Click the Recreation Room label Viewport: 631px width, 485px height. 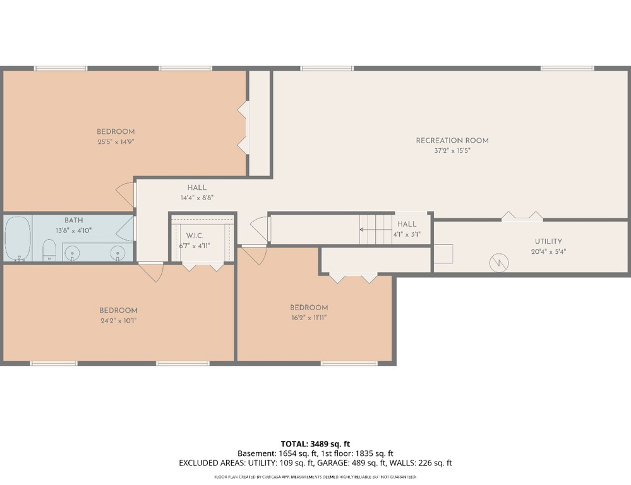coord(452,140)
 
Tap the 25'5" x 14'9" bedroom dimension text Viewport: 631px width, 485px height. coord(116,142)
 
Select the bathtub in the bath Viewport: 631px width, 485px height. coord(18,238)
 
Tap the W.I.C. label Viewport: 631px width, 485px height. coord(194,236)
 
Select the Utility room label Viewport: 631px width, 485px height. coord(548,241)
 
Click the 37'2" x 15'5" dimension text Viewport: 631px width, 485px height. coord(452,151)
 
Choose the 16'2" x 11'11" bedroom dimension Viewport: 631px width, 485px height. coord(309,318)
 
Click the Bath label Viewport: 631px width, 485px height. coord(73,220)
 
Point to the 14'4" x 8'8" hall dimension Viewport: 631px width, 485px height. coord(196,197)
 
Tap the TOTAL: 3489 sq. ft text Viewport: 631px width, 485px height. coord(315,443)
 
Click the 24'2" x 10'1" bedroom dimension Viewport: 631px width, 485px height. coord(118,320)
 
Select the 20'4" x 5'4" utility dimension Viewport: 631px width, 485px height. coord(548,251)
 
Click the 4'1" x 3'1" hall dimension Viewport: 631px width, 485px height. coord(407,234)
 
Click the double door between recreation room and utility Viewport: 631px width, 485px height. coord(522,217)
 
